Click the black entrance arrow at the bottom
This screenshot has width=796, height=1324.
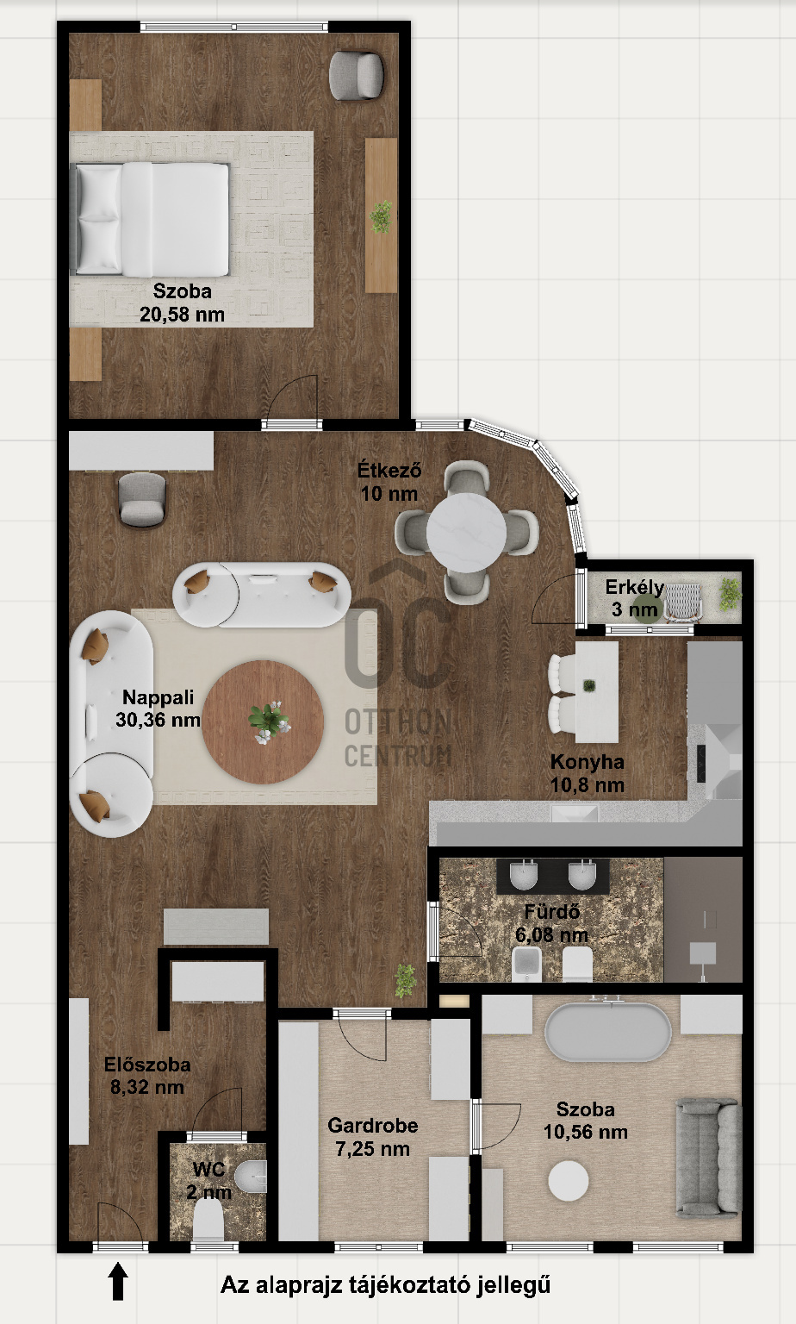(119, 1280)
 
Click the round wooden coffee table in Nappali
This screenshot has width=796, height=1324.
(263, 722)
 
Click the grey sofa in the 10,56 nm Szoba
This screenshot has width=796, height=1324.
(708, 1157)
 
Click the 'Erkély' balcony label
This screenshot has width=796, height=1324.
(634, 588)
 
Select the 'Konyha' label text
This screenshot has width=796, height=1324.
(587, 762)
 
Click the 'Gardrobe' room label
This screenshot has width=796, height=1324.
(373, 1126)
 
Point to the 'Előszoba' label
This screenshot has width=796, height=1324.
(147, 1065)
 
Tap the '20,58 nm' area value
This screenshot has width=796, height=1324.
(182, 315)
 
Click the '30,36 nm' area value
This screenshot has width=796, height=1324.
(158, 720)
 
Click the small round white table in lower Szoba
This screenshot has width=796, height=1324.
(569, 1181)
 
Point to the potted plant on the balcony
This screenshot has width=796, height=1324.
(730, 593)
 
